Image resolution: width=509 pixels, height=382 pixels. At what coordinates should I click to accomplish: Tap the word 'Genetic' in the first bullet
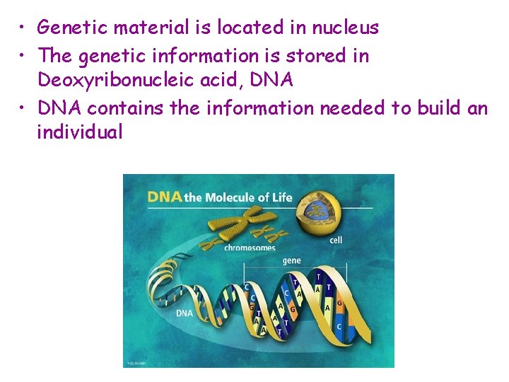[69, 28]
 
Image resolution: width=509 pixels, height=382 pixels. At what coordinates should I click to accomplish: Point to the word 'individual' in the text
[80, 132]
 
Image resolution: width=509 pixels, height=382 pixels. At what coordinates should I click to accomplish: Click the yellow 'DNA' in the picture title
[165, 197]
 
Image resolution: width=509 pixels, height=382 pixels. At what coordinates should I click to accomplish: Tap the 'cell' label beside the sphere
[336, 240]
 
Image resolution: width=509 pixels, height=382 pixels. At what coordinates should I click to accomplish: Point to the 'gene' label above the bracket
[291, 261]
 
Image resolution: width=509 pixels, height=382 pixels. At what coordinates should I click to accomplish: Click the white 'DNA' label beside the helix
[184, 312]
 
